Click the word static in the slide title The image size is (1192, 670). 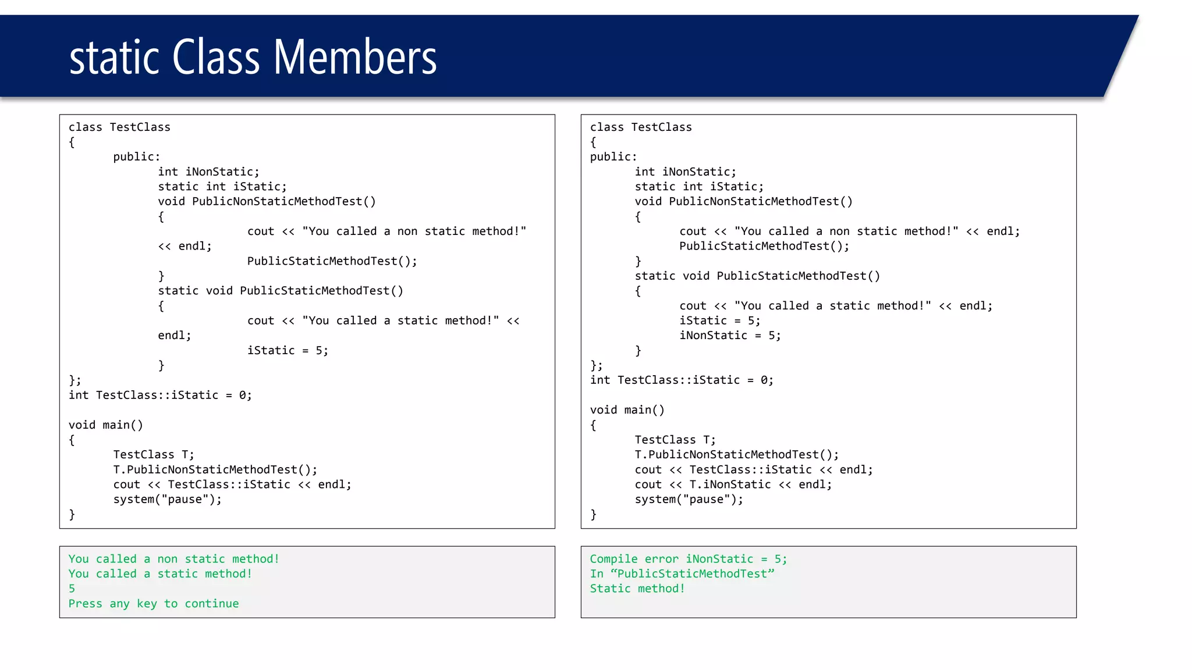pos(114,58)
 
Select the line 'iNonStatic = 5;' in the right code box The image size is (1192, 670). pos(730,336)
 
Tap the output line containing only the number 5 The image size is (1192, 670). pos(72,589)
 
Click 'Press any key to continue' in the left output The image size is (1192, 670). pos(154,604)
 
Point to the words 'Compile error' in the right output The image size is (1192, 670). pos(634,559)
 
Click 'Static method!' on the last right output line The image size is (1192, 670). pos(637,589)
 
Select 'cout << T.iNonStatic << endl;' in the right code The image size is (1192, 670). pos(733,484)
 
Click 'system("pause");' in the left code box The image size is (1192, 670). pos(168,500)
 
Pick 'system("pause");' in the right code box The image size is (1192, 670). pos(689,500)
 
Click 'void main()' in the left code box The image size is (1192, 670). pos(105,425)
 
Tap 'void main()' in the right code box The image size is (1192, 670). pos(627,410)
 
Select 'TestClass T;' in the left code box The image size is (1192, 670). pos(154,455)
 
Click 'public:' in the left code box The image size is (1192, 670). pos(137,157)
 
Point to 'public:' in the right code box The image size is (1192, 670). pos(613,157)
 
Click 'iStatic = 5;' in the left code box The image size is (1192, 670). pos(288,351)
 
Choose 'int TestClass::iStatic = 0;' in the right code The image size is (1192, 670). pos(682,380)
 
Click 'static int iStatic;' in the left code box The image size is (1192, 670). pos(222,187)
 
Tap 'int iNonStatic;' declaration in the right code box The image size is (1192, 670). pos(685,172)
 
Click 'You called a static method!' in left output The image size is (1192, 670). pos(160,574)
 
